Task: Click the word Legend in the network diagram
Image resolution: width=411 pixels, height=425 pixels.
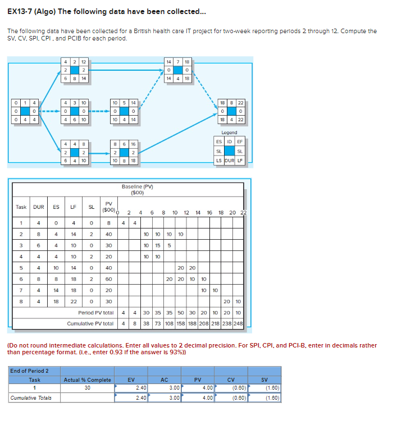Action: pyautogui.click(x=229, y=132)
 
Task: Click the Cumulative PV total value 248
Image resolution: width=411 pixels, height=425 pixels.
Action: pyautogui.click(x=238, y=323)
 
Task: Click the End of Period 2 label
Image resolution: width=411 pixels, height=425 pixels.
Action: pyautogui.click(x=29, y=371)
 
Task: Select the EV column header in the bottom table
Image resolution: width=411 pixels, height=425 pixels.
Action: pyautogui.click(x=131, y=380)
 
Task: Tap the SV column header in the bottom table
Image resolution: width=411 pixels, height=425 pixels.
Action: pyautogui.click(x=264, y=380)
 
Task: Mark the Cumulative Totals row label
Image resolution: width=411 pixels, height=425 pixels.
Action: pyautogui.click(x=30, y=398)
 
